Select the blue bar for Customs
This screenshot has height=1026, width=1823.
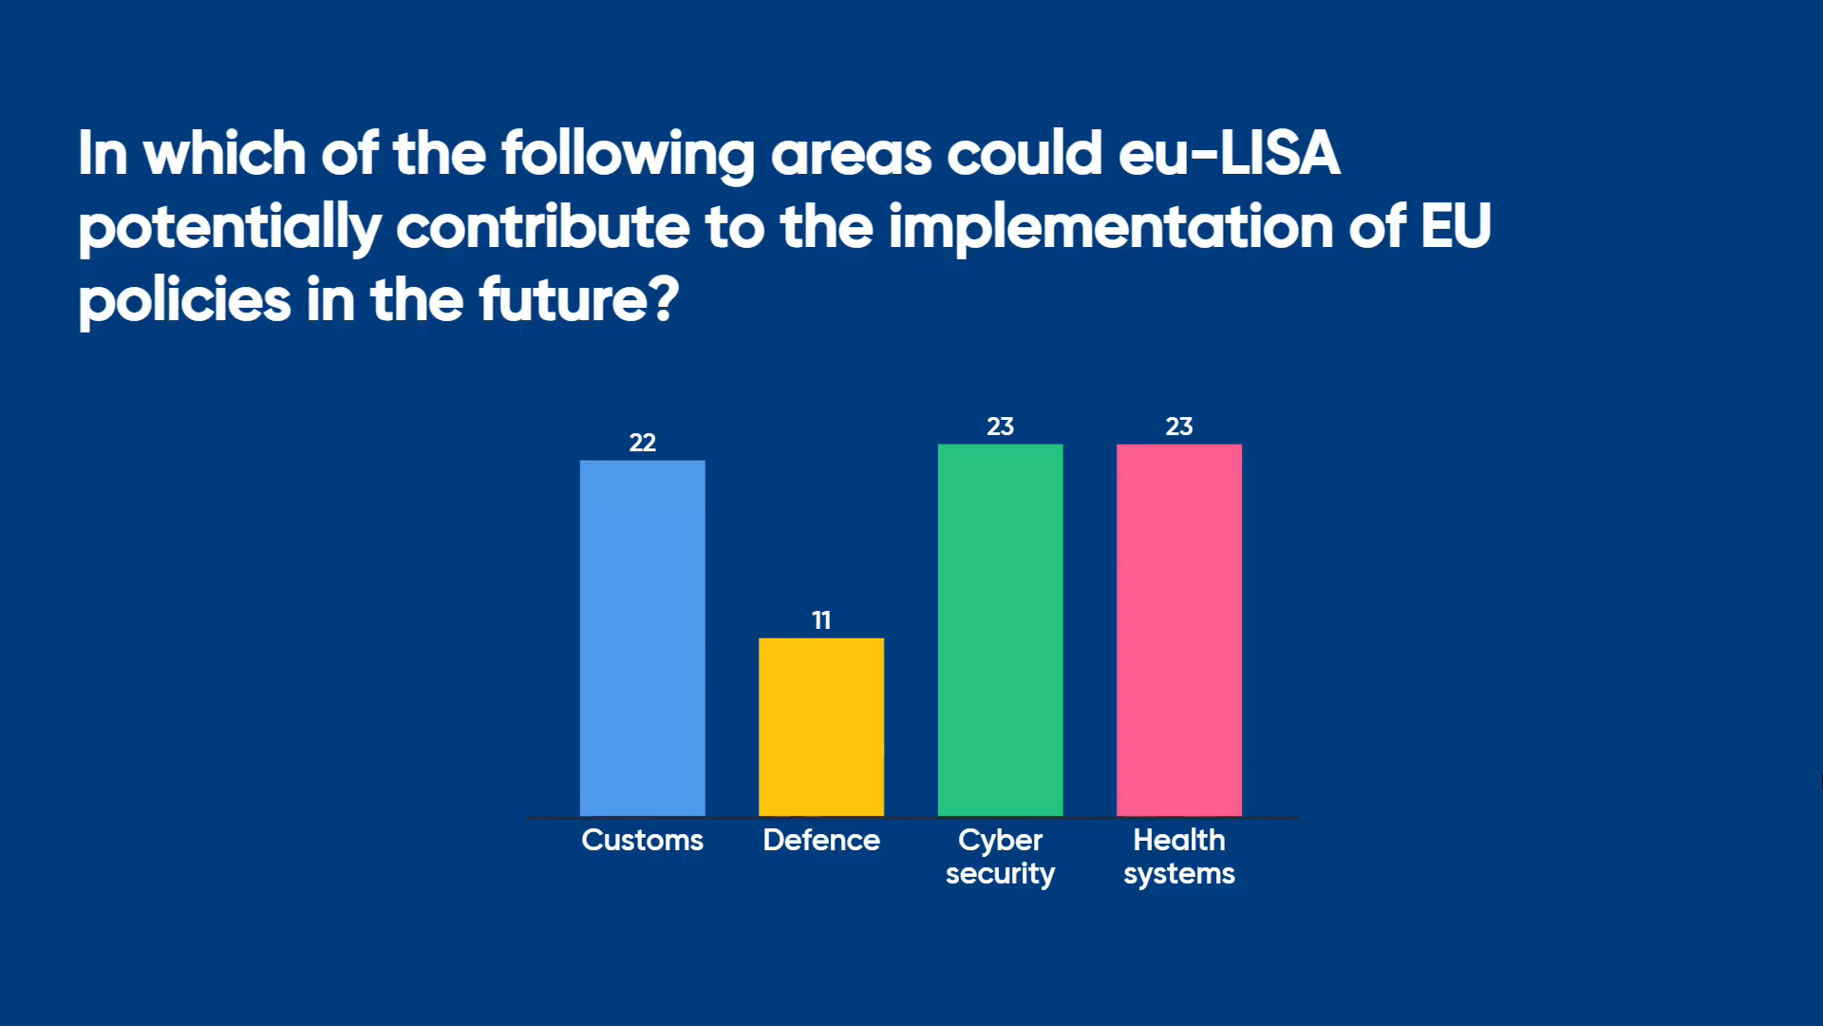(643, 637)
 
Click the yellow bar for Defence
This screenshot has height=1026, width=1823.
(821, 727)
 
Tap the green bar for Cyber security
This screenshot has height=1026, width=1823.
(1000, 630)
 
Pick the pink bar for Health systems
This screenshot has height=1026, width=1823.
(1179, 630)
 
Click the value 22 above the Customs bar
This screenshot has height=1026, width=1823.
(643, 443)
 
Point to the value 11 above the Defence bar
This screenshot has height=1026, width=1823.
(821, 620)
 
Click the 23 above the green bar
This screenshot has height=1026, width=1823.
(1000, 427)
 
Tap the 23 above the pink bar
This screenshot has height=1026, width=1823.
(1179, 427)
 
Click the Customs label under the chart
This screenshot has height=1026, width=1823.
(643, 840)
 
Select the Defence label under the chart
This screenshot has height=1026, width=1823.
(821, 840)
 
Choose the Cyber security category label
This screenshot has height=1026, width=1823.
(1000, 856)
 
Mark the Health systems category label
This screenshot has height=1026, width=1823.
(1179, 856)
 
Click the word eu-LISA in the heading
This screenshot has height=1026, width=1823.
(1230, 154)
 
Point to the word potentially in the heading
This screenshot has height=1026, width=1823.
(230, 229)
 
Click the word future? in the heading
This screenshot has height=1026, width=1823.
(579, 300)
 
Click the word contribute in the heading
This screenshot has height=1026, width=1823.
(543, 227)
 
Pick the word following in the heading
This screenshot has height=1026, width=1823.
(629, 156)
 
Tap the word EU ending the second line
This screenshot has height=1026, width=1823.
(1457, 227)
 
